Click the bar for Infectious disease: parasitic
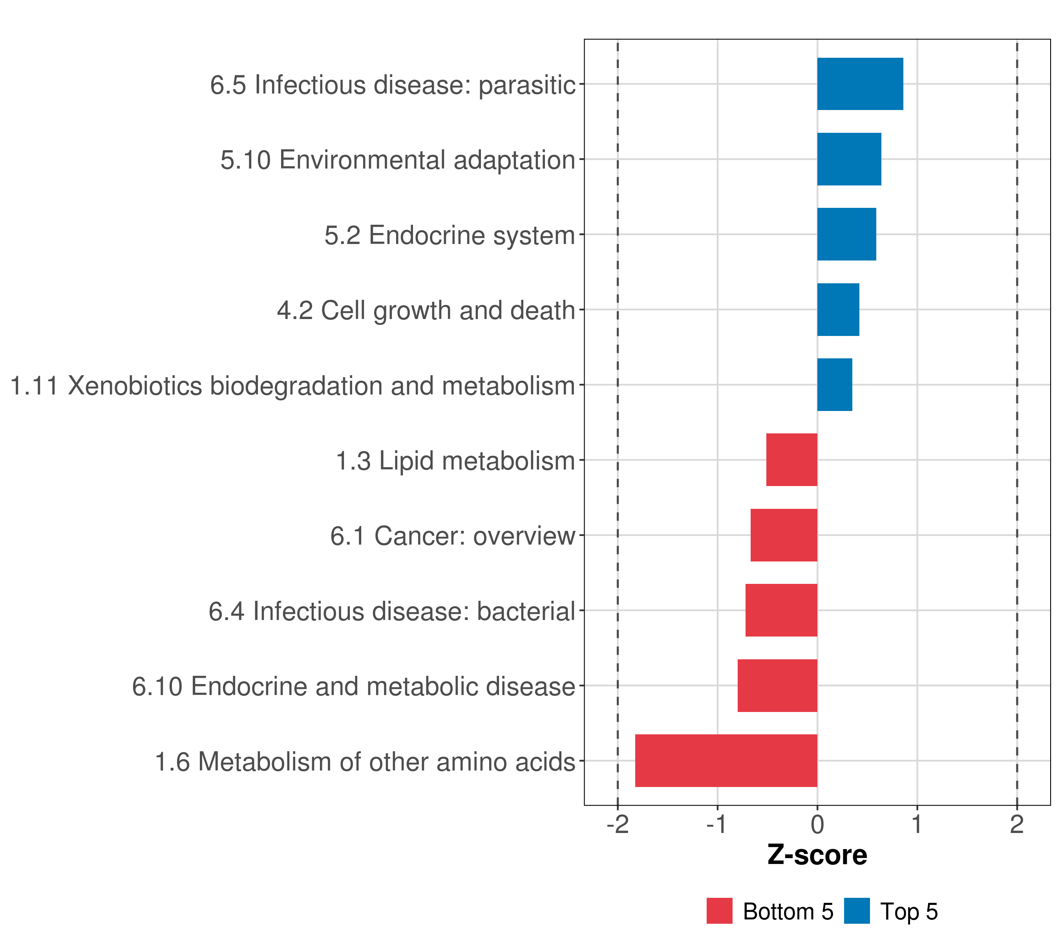tap(860, 84)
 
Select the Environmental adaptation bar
tap(849, 160)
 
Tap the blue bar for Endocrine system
tap(846, 235)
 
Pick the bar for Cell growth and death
tap(838, 310)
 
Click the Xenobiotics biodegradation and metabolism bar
tap(834, 385)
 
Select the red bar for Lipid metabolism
tap(792, 460)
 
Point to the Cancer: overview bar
tap(784, 535)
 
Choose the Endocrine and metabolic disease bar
tap(777, 686)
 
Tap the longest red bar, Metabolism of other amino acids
tap(726, 761)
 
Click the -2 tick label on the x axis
tap(618, 825)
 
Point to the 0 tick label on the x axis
tap(817, 825)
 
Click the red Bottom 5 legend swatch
tap(719, 911)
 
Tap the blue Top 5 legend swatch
tap(857, 911)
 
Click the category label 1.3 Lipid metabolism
tap(455, 461)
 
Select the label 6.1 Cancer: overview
tap(452, 536)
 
